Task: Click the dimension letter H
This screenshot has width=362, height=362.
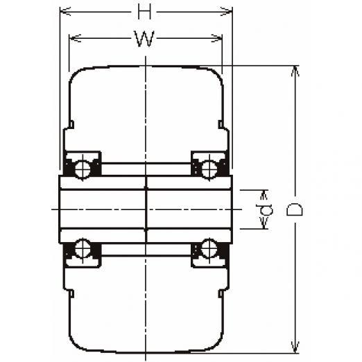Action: tap(145, 12)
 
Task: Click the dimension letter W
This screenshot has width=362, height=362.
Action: tap(144, 39)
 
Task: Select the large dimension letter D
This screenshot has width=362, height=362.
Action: tap(294, 209)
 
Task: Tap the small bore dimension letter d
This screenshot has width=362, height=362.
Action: tap(264, 209)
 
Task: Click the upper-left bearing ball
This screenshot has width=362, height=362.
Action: tap(83, 169)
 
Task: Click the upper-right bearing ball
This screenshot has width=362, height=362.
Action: tap(209, 169)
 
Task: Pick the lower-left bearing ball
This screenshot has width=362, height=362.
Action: tap(83, 248)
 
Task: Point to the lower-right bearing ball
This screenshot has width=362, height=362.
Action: tap(209, 248)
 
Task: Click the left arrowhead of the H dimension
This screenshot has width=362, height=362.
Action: tap(65, 11)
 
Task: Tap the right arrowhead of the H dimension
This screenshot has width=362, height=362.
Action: tap(227, 11)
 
